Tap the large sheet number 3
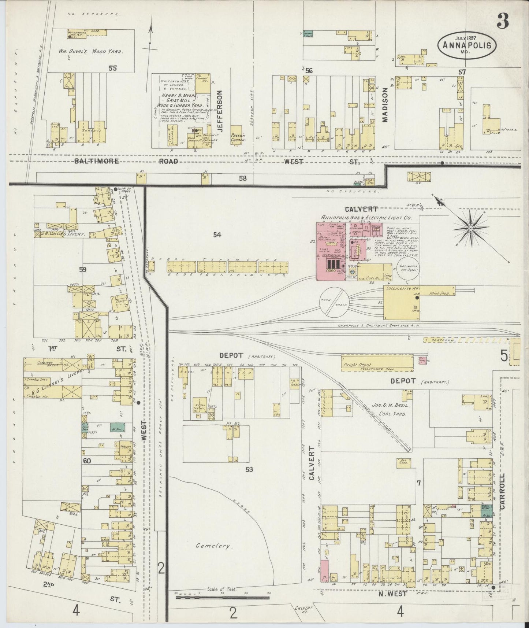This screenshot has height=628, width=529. pos(502,23)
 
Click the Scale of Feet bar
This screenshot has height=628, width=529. pos(222,598)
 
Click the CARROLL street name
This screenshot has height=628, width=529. pos(502,496)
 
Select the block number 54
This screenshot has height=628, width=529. pos(217,235)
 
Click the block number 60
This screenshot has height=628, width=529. pos(86,461)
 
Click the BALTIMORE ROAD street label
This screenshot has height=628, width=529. pos(131,161)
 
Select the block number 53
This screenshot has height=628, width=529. pos(249,469)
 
